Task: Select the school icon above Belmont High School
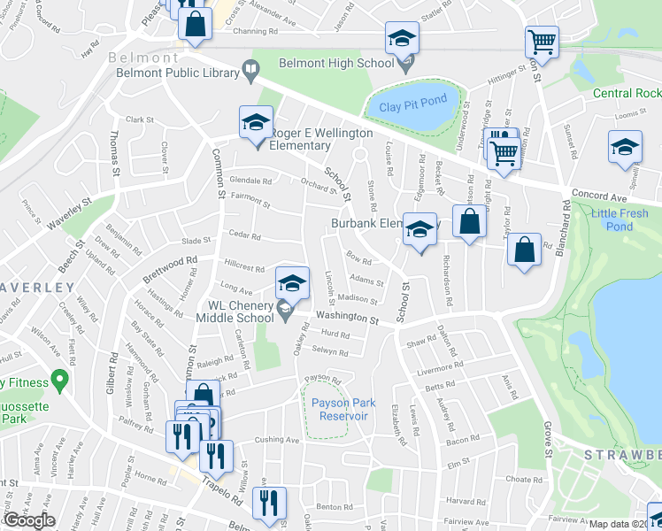[x=402, y=38]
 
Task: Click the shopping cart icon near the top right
[x=541, y=41]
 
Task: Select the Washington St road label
[x=348, y=316]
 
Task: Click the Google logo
[x=29, y=520]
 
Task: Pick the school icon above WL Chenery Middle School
[x=292, y=283]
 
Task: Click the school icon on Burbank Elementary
[x=420, y=229]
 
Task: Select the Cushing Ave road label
[x=278, y=440]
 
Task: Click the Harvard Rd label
[x=460, y=500]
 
